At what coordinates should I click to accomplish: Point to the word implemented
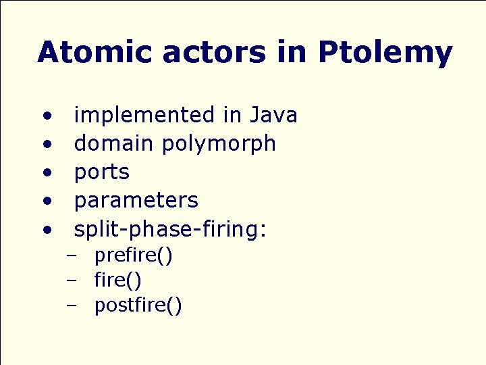pos(144,116)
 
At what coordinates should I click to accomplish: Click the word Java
pos(273,116)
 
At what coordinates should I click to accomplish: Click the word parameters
pos(136,201)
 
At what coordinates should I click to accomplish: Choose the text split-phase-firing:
pos(170,230)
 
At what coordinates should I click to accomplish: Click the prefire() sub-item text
pos(134,256)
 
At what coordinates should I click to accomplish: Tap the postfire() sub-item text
pos(138,306)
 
